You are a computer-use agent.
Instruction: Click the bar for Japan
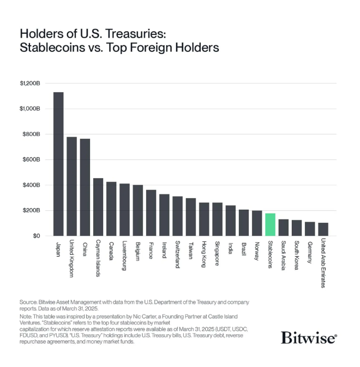(58, 164)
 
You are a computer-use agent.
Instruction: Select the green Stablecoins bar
(270, 224)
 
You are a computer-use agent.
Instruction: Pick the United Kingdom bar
(71, 186)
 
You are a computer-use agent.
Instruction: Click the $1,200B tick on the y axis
(30, 84)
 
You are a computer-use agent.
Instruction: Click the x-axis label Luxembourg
(125, 255)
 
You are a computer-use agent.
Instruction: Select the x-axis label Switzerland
(178, 255)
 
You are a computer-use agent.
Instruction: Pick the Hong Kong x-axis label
(205, 254)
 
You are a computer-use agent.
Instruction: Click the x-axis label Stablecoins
(271, 255)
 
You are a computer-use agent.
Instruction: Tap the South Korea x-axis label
(297, 255)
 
